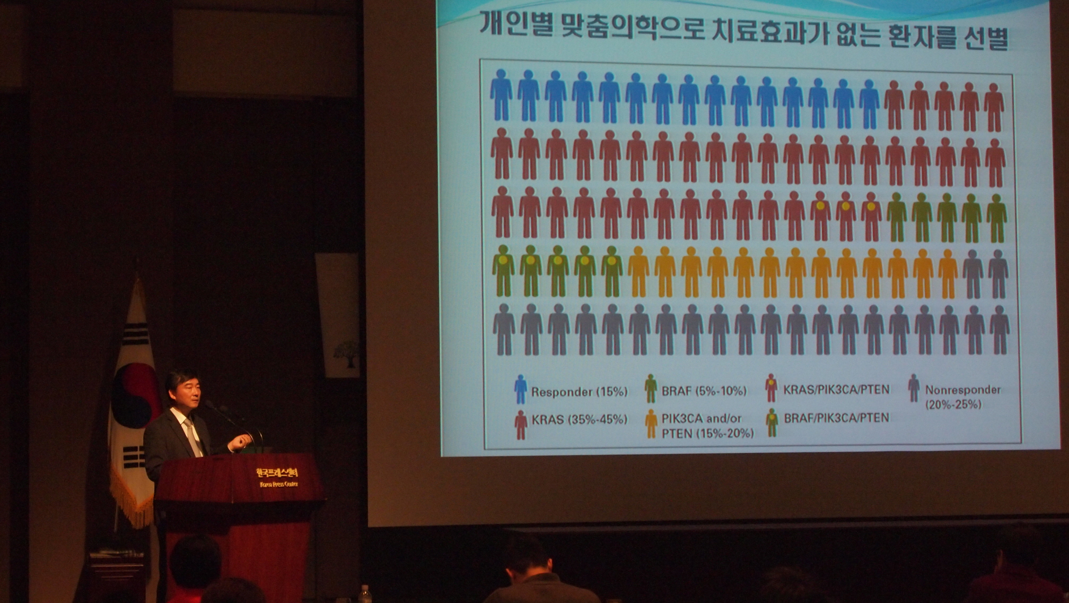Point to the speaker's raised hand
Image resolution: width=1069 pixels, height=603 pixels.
click(x=243, y=440)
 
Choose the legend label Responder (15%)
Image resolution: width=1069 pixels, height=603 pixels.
click(x=579, y=392)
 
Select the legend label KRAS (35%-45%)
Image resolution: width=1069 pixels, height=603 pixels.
click(x=579, y=420)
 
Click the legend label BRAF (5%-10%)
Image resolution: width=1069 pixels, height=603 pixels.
click(x=704, y=391)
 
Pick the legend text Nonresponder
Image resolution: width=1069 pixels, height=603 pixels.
click(x=962, y=390)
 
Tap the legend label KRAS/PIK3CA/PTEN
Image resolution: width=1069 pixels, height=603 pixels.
click(x=836, y=390)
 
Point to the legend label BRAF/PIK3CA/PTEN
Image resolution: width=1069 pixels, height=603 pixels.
click(x=836, y=418)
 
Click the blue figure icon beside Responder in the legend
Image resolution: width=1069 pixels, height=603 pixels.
click(x=520, y=389)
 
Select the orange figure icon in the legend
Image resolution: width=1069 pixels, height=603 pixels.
click(x=651, y=423)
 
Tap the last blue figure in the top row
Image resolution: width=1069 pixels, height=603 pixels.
click(x=869, y=104)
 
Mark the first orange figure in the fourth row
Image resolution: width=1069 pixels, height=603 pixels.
click(x=638, y=271)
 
